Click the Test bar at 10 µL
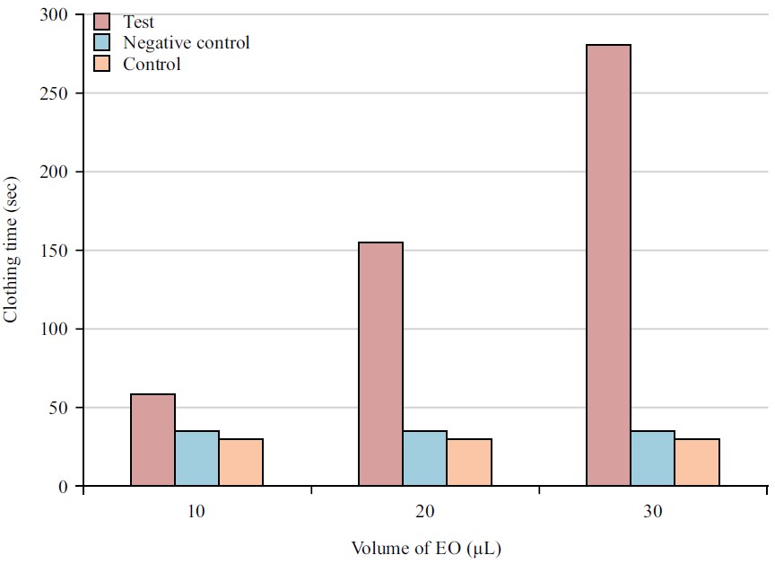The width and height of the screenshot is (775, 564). click(x=152, y=440)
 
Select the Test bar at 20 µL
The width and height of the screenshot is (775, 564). click(x=380, y=364)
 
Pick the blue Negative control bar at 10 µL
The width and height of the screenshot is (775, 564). click(x=196, y=458)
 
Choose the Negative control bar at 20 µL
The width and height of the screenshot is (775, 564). click(x=424, y=458)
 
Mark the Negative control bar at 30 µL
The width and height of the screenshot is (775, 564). click(x=652, y=458)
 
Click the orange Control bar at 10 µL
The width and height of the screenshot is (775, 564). click(x=240, y=463)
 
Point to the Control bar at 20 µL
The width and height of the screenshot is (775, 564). click(x=468, y=463)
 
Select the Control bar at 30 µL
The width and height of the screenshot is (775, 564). click(x=696, y=463)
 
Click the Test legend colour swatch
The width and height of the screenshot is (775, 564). click(x=102, y=22)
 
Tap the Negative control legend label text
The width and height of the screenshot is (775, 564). click(x=186, y=43)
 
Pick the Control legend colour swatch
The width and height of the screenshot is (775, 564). click(x=102, y=64)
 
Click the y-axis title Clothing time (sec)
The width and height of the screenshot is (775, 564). click(x=12, y=251)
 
